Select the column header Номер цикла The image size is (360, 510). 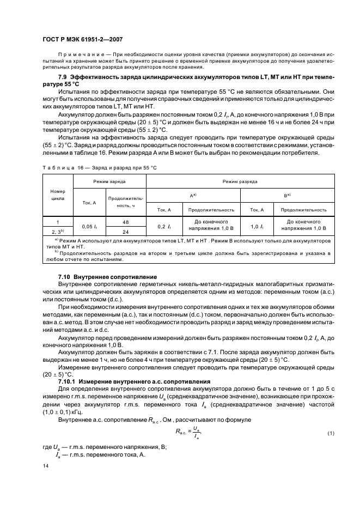coord(58,196)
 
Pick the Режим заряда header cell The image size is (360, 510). coord(109,180)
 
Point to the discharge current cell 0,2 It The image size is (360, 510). coord(164,226)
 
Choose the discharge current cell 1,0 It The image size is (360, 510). coord(257,226)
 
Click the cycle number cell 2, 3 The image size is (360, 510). coord(58,230)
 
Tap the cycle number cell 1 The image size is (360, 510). coord(58,222)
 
